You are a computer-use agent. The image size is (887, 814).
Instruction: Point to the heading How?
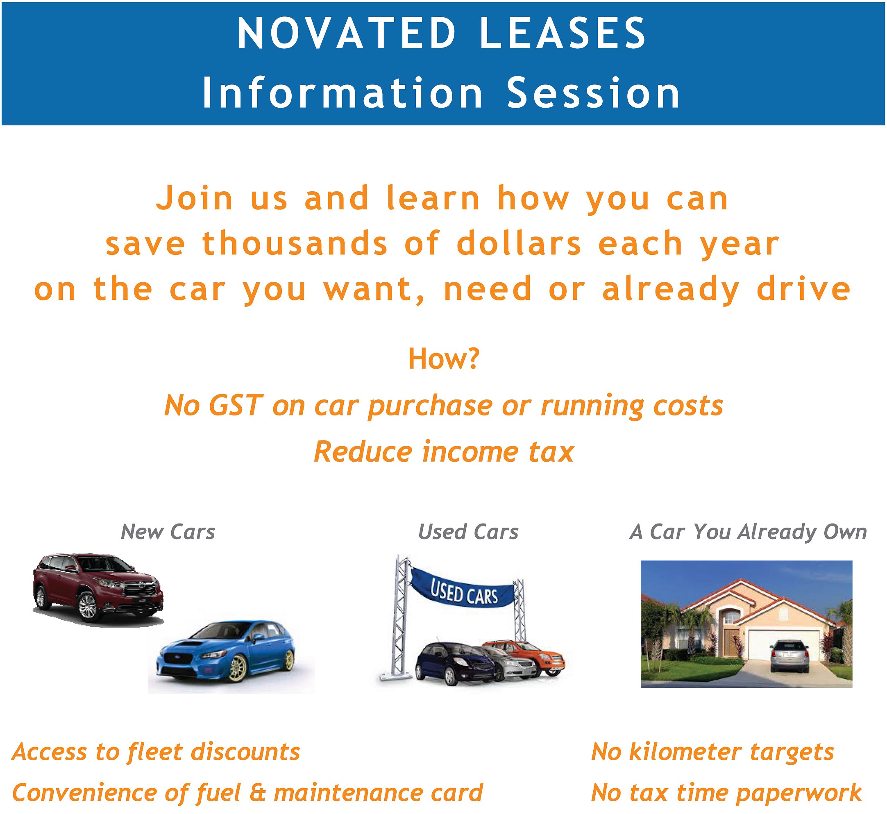pyautogui.click(x=443, y=359)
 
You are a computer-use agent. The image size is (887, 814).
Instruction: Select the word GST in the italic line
pyautogui.click(x=236, y=405)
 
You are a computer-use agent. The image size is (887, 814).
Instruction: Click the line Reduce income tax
pyautogui.click(x=443, y=452)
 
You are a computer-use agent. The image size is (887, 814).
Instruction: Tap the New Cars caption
pyautogui.click(x=168, y=532)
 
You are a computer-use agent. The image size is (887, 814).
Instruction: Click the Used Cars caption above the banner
pyautogui.click(x=468, y=532)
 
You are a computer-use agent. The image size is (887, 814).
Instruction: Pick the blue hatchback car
pyautogui.click(x=226, y=651)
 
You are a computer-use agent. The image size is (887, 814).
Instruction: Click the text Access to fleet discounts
pyautogui.click(x=156, y=752)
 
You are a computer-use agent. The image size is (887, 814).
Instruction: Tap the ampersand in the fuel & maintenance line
pyautogui.click(x=257, y=793)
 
